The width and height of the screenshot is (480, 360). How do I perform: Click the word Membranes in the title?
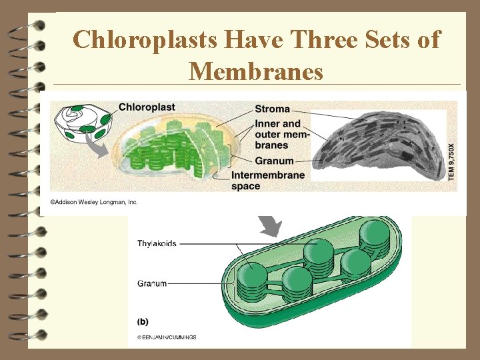coord(256,71)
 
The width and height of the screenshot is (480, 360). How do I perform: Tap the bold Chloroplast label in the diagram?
coord(147,107)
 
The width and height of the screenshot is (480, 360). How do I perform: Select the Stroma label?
coord(272,109)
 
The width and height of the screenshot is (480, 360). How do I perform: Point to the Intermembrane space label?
coord(268,181)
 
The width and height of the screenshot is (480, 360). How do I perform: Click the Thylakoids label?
coord(157,244)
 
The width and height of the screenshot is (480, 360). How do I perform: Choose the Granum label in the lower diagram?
coord(152,283)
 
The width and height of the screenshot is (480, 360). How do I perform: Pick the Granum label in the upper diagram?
coord(274,161)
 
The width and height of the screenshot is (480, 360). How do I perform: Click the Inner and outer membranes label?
coord(277,134)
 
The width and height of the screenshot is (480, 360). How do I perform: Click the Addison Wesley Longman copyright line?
coord(93,202)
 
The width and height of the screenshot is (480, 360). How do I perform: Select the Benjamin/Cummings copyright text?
coord(167,337)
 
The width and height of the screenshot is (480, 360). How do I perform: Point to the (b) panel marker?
coord(143,322)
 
